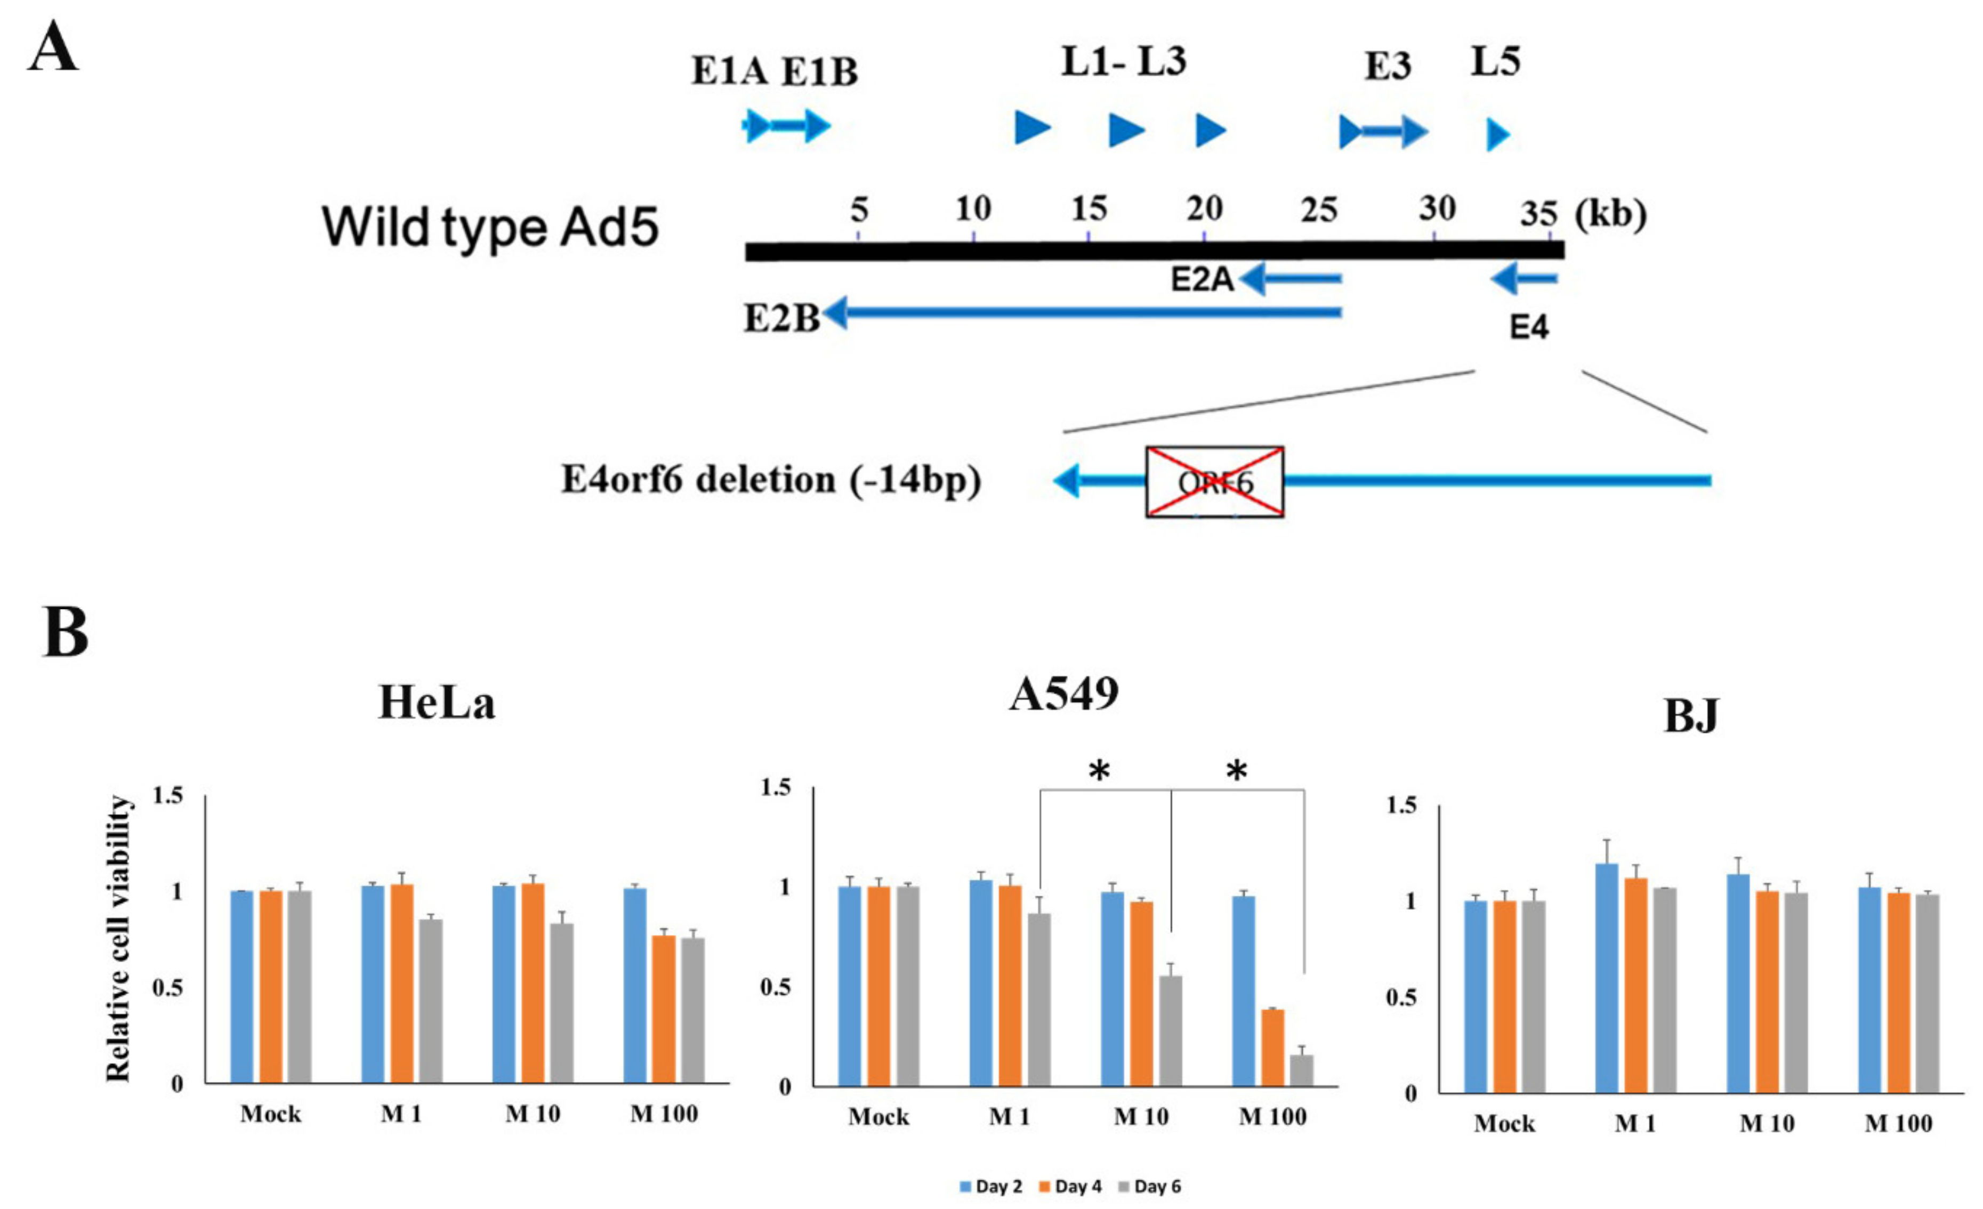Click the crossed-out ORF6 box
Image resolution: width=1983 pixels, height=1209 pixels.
point(1214,481)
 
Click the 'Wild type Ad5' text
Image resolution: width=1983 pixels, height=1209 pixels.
point(490,227)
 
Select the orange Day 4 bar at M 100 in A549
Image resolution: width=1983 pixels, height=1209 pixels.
point(1272,1047)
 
